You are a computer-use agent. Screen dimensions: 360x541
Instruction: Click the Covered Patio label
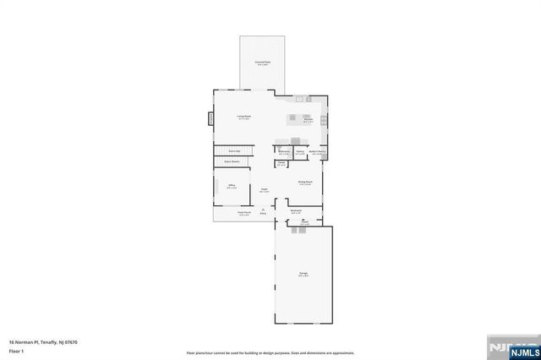click(262, 63)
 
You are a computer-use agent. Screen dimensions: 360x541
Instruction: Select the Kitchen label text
click(309, 119)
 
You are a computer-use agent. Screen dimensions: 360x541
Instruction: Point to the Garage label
click(303, 273)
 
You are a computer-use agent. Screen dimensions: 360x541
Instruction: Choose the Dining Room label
click(305, 183)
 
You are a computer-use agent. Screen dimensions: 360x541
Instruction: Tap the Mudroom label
click(296, 210)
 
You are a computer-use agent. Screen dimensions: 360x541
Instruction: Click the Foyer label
click(264, 189)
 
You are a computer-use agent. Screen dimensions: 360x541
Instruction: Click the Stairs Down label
click(232, 161)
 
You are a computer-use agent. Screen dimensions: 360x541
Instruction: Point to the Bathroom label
click(284, 151)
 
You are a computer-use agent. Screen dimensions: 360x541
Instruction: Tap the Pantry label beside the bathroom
click(300, 152)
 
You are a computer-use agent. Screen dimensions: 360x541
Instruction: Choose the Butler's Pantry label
click(318, 151)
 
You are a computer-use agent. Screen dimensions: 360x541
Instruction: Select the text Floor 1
click(16, 350)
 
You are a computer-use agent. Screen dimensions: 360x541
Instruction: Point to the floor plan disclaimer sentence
click(270, 352)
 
